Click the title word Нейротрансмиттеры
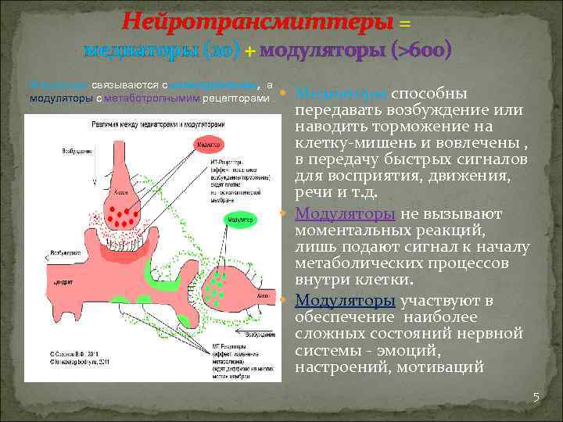coord(257,21)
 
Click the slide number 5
coord(536,397)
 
